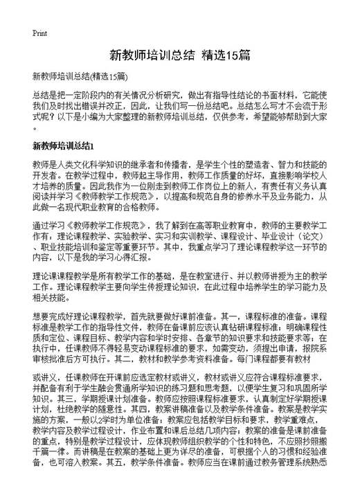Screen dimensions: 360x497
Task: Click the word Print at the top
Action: point(40,33)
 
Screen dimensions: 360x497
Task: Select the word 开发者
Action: point(44,175)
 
